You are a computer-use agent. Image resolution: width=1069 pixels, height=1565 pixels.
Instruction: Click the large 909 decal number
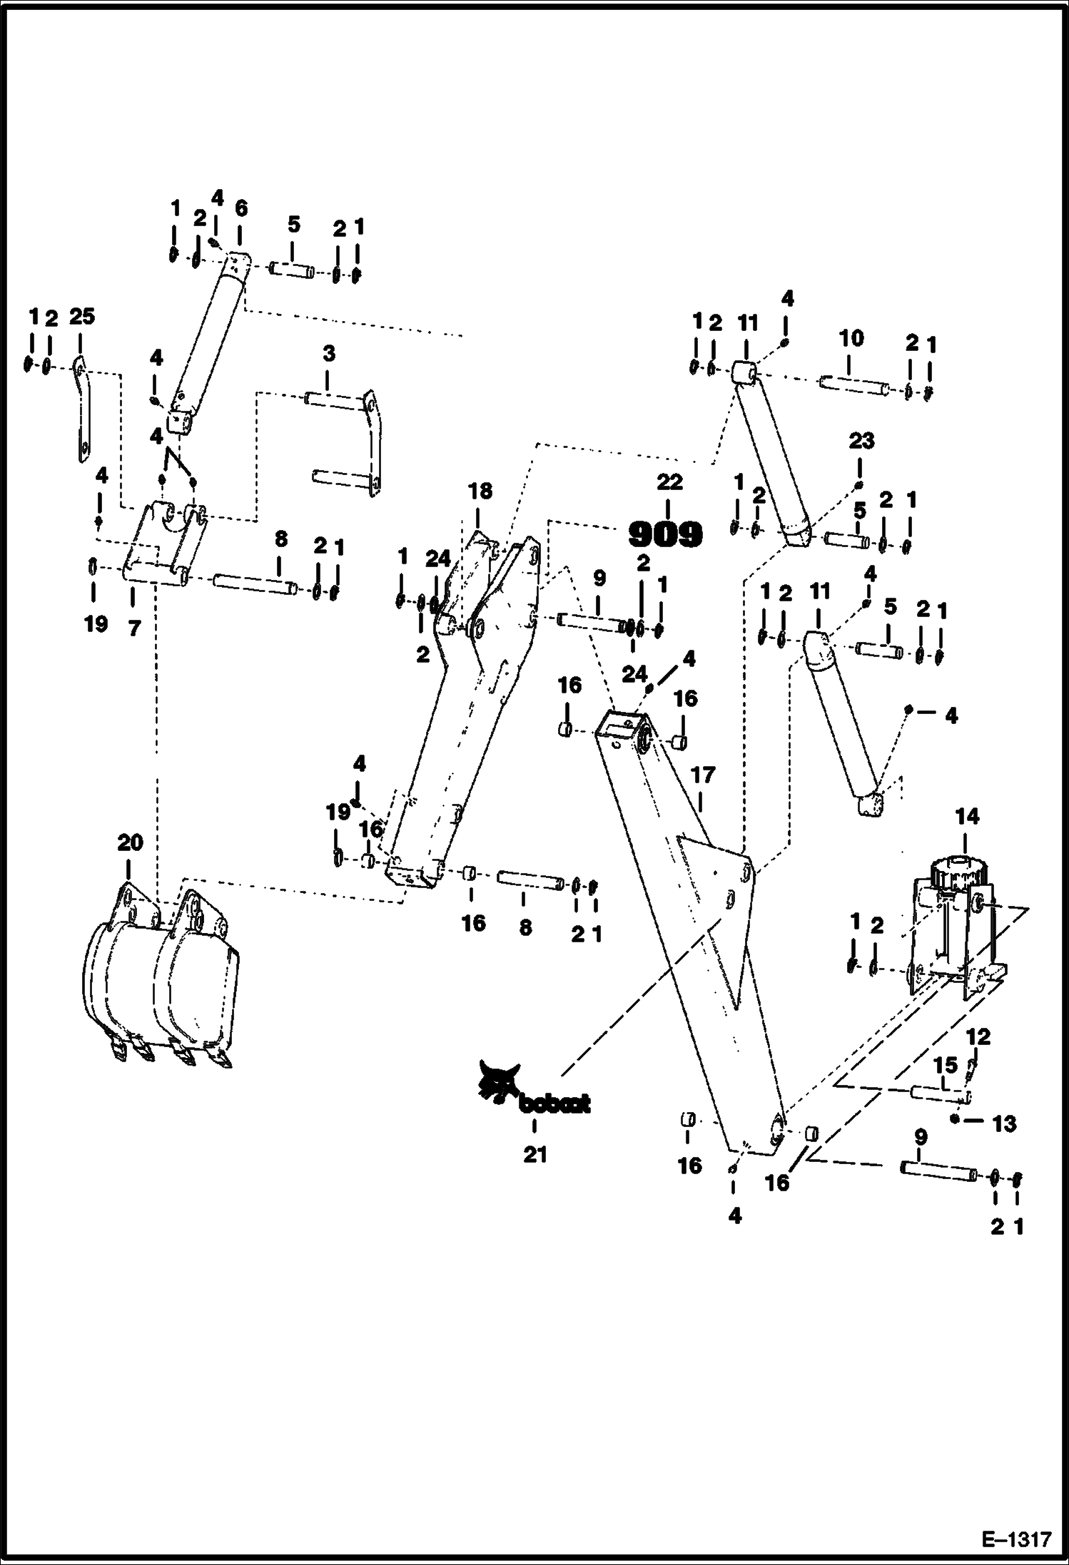[665, 534]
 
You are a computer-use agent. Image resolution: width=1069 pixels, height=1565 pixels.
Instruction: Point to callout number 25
[81, 316]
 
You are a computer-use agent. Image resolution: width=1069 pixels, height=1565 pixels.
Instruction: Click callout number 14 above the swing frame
[967, 817]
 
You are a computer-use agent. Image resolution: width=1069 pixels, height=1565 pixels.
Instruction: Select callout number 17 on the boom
[703, 775]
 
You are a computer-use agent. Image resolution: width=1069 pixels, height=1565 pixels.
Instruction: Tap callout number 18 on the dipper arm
[480, 491]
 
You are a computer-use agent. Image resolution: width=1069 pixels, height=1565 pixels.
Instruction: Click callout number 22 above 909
[669, 483]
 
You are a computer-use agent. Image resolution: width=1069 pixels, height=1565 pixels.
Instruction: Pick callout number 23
[861, 441]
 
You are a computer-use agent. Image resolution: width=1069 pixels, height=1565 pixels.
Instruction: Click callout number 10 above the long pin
[851, 338]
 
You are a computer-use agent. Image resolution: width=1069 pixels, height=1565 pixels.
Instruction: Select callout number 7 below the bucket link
[134, 628]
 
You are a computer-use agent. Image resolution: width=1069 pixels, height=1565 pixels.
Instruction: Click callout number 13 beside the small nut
[1004, 1124]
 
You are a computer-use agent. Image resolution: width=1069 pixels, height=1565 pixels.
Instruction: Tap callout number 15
[946, 1066]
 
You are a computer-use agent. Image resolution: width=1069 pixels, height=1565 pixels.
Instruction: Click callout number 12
[978, 1037]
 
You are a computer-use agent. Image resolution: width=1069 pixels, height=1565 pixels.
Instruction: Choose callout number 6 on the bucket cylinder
[240, 208]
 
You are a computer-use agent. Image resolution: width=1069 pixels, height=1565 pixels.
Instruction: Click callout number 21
[534, 1154]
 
